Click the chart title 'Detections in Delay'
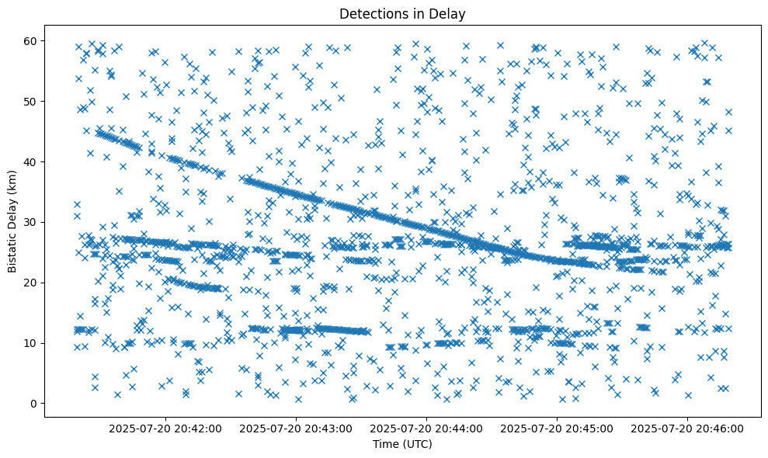pos(402,13)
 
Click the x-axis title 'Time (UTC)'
pos(402,445)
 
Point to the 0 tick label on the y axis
pos(33,404)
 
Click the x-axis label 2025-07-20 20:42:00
pos(165,429)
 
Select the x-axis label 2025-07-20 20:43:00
pos(296,429)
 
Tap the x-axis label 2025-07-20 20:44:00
pos(426,429)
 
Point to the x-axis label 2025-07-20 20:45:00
pos(557,429)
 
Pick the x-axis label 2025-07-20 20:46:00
pos(687,429)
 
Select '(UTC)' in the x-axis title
pos(418,445)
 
